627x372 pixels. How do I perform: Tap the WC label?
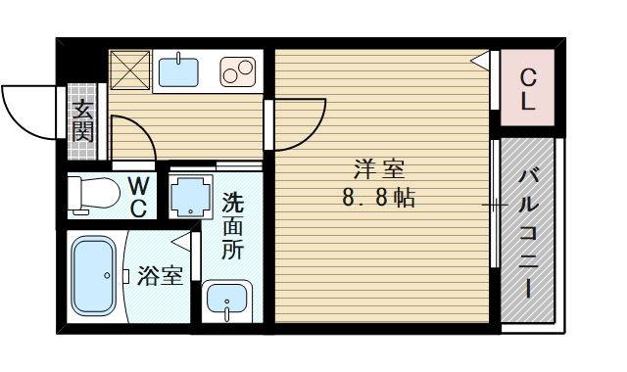pyautogui.click(x=138, y=196)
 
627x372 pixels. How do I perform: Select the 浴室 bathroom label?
pyautogui.click(x=160, y=275)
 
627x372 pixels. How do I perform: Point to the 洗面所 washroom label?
pyautogui.click(x=232, y=226)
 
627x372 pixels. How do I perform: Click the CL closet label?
pyautogui.click(x=527, y=87)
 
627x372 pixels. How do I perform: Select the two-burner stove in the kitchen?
pyautogui.click(x=238, y=71)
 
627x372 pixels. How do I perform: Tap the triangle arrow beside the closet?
pyautogui.click(x=481, y=61)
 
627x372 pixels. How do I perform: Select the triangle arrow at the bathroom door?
pyautogui.click(x=180, y=240)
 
